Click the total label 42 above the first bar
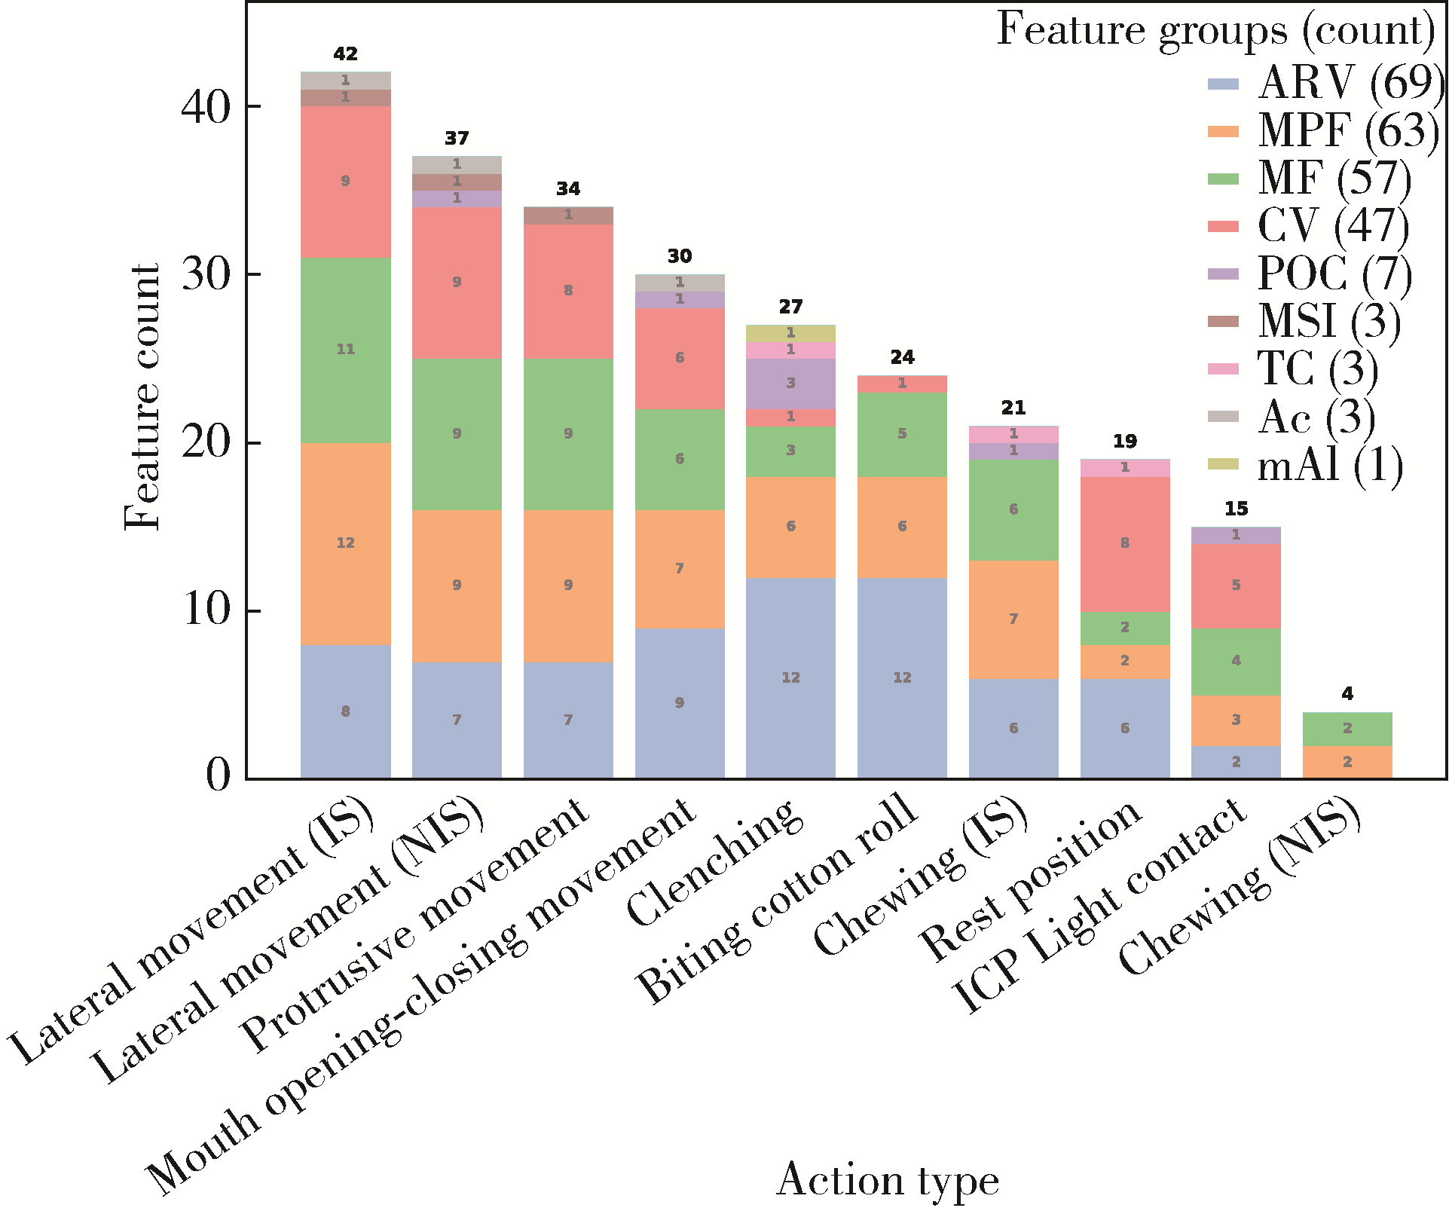click(345, 54)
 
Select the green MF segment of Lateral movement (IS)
click(345, 350)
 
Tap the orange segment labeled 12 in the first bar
click(345, 543)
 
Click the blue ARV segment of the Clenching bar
click(790, 678)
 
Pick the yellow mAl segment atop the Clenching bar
click(790, 333)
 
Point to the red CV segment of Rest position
click(1124, 543)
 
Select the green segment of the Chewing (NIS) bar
click(1347, 729)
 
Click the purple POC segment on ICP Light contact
click(1236, 535)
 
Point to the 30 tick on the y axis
click(206, 275)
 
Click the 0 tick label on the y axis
click(219, 775)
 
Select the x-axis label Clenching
click(712, 863)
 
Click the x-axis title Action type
click(887, 1180)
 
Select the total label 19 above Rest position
click(1124, 442)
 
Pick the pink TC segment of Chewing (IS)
click(1013, 434)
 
